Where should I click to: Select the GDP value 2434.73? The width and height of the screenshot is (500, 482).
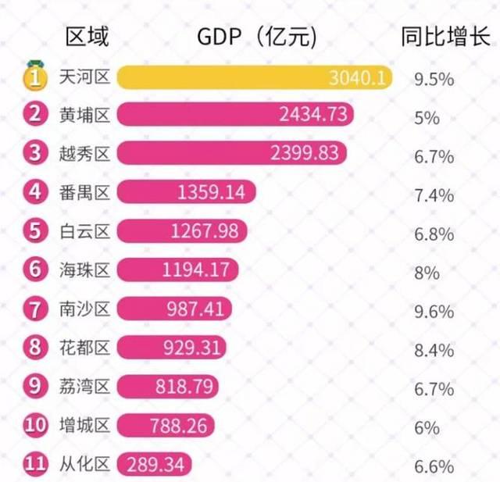point(312,115)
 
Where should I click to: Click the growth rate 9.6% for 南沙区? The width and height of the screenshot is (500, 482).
point(434,312)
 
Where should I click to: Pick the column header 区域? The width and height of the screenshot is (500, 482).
point(87,36)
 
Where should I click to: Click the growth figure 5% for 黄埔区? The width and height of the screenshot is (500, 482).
point(427,118)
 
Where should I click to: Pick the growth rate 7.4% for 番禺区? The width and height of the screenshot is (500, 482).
point(434,195)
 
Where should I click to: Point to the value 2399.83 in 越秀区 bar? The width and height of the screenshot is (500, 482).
point(305,153)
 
